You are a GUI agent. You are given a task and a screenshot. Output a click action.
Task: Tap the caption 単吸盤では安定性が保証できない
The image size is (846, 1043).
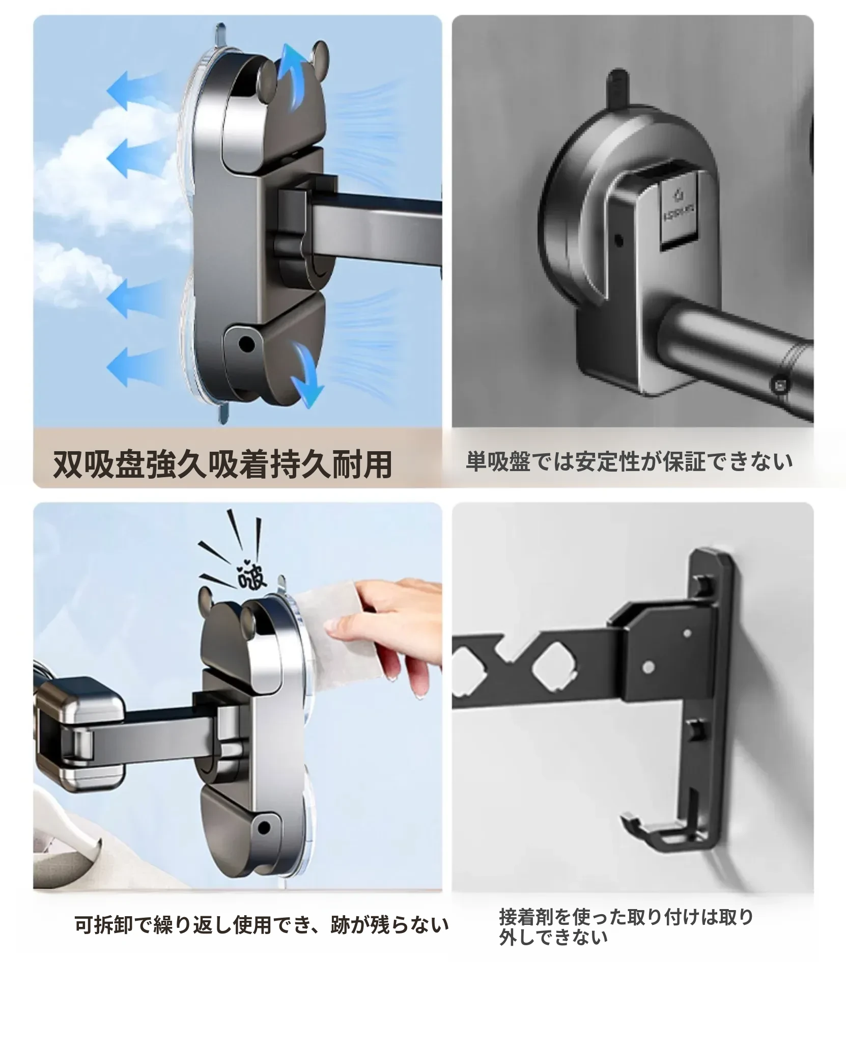[x=630, y=461]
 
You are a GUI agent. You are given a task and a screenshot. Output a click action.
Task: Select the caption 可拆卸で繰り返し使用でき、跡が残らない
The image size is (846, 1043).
[x=262, y=925]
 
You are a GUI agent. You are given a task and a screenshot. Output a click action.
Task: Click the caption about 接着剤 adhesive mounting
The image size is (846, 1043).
[x=626, y=926]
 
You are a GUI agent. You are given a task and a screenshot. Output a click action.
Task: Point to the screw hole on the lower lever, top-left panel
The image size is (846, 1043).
[x=247, y=343]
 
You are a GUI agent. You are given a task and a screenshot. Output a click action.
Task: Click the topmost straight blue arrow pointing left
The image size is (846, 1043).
[x=134, y=90]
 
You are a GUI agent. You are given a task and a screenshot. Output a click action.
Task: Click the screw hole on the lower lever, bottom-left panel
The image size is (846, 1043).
[x=264, y=828]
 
